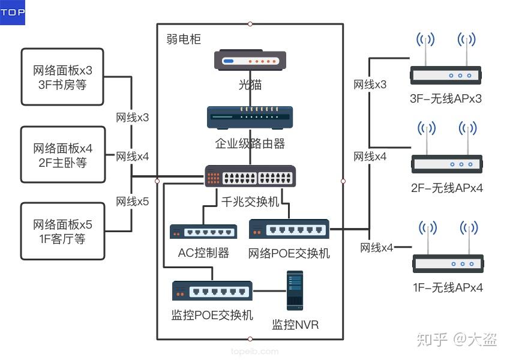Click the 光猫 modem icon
(250, 60)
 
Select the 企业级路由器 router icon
(250, 117)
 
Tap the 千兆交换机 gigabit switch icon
(250, 176)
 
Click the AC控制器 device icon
(203, 231)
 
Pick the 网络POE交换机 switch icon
(289, 229)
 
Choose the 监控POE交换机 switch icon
(212, 290)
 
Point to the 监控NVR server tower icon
(295, 290)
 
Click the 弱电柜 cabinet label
(184, 39)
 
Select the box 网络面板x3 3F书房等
(62, 77)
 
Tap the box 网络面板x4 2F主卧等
(63, 154)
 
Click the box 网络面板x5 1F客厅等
(63, 231)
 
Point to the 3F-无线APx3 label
(446, 98)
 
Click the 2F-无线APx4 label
(447, 188)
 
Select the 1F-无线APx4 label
(448, 287)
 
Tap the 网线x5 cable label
(133, 202)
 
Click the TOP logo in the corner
(13, 13)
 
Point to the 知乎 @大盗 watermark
(457, 339)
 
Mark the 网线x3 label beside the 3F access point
(370, 85)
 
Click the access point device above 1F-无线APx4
(448, 247)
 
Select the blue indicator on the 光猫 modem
(229, 61)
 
